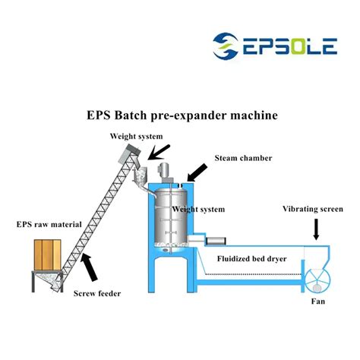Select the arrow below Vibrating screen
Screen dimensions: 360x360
click(316, 229)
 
